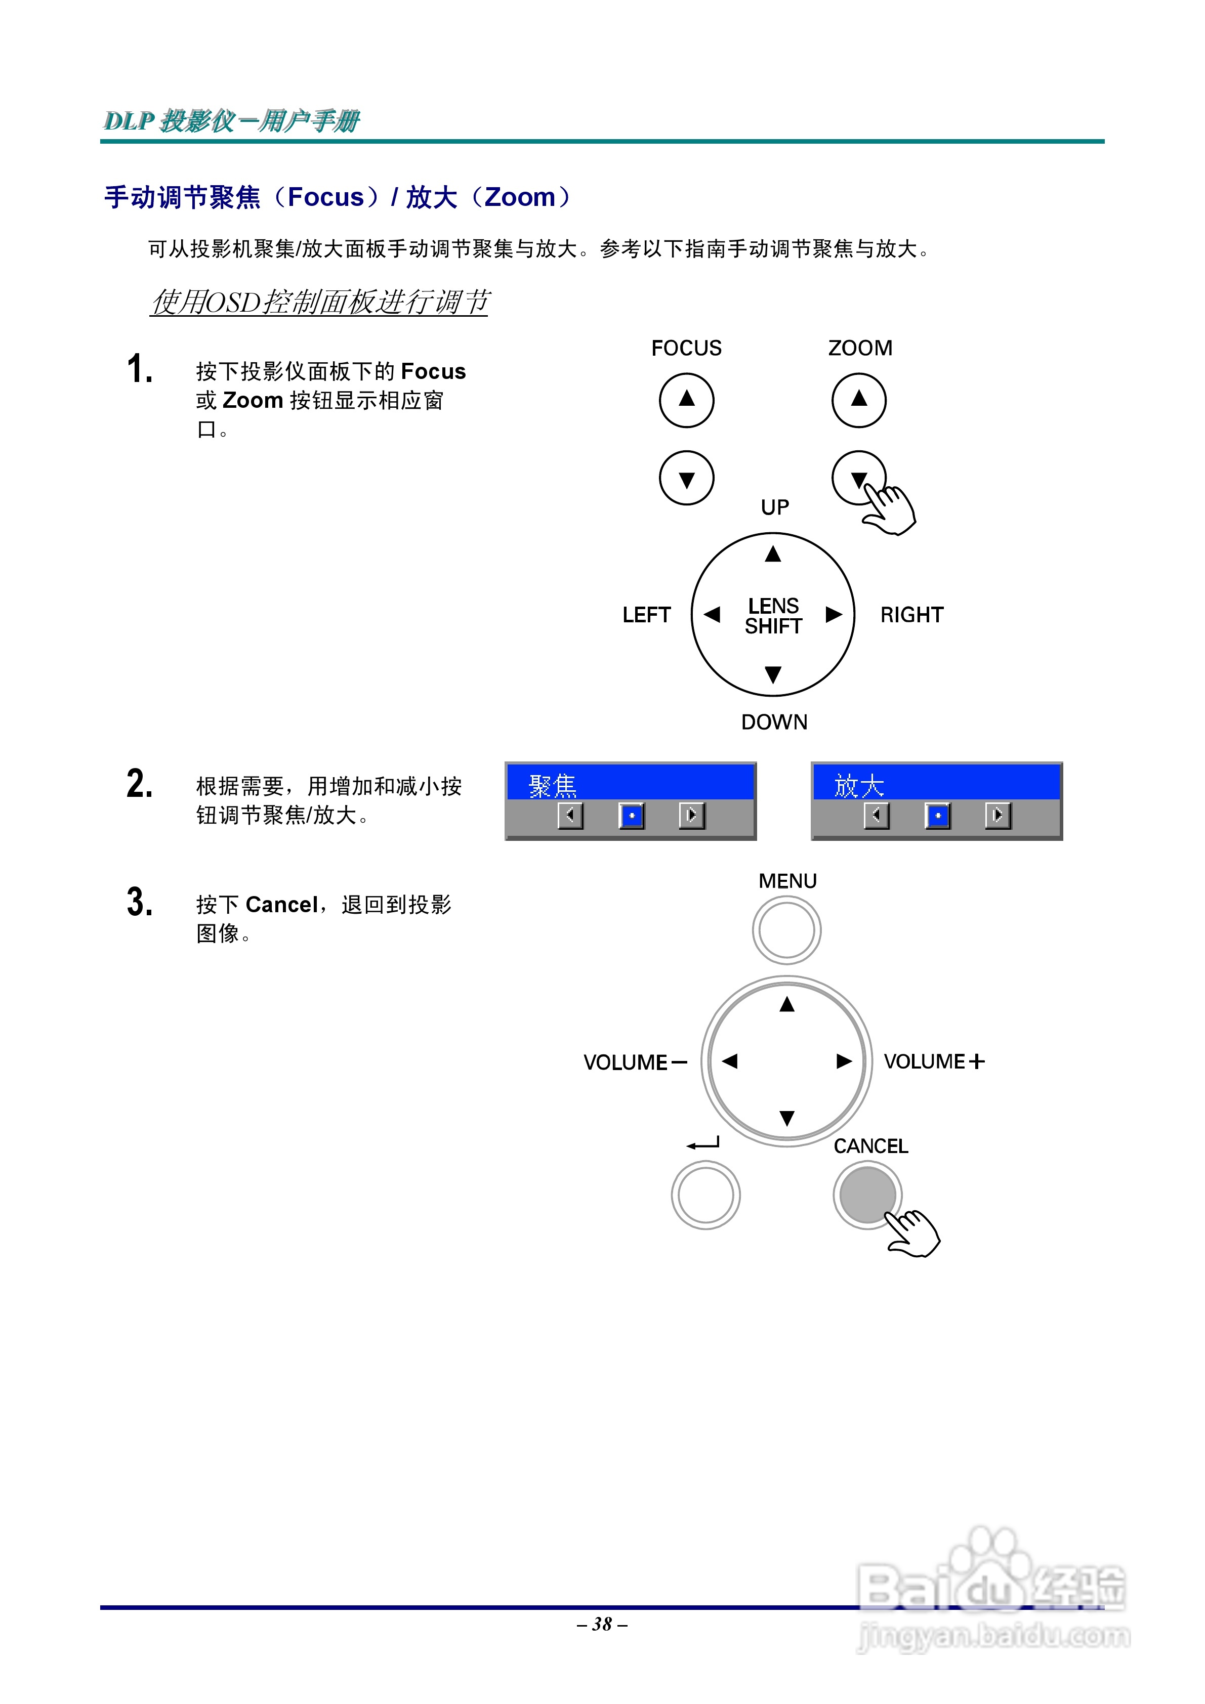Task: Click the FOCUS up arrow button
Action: point(686,400)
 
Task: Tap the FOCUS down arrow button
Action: point(686,478)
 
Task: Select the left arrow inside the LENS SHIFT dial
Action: point(712,615)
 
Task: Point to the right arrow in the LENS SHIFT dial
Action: point(834,615)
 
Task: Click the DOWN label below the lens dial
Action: point(774,722)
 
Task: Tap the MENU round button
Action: point(786,930)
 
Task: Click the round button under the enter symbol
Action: point(705,1195)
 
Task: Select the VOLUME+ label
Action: point(933,1061)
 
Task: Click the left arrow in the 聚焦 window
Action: point(570,815)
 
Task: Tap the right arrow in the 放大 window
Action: point(998,815)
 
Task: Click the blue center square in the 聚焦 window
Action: point(632,815)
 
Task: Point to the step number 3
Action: point(140,903)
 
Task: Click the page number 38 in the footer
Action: point(602,1624)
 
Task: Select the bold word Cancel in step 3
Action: point(281,905)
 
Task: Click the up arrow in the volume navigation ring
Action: point(787,1005)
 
